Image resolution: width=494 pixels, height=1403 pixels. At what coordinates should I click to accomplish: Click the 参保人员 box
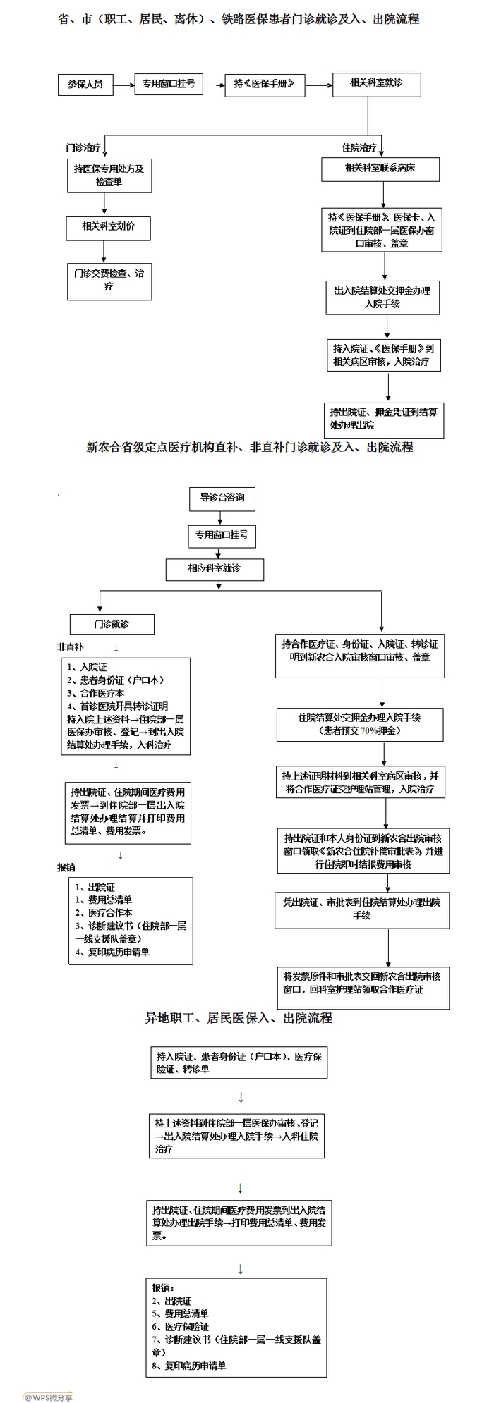click(85, 85)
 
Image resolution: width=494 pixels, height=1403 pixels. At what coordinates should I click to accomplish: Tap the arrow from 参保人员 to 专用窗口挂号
click(123, 85)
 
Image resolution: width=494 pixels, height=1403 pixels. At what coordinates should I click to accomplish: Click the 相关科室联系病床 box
click(380, 169)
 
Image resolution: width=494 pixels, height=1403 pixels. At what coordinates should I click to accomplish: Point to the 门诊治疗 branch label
click(83, 148)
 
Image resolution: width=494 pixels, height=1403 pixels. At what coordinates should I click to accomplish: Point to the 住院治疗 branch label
click(359, 148)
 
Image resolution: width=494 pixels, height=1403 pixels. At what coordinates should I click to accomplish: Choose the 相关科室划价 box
click(109, 227)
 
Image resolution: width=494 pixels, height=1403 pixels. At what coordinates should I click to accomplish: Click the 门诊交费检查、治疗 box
click(109, 280)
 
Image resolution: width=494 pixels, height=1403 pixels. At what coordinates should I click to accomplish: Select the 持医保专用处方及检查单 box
click(109, 175)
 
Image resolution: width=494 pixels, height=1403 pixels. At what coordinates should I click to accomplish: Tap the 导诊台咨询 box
click(222, 498)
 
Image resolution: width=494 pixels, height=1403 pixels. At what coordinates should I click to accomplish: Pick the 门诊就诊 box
click(112, 624)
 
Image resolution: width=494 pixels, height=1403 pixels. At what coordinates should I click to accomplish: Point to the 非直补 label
click(71, 647)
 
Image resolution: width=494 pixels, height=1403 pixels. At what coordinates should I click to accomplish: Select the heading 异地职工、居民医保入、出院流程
click(239, 1018)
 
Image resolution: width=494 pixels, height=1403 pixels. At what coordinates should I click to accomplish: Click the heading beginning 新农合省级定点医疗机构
click(249, 447)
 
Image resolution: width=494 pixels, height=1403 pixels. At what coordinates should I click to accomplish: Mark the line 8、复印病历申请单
click(189, 1366)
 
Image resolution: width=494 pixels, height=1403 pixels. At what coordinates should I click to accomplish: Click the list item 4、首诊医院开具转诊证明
click(118, 706)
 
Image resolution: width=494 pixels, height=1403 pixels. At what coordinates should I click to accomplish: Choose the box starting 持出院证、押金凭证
click(384, 418)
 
